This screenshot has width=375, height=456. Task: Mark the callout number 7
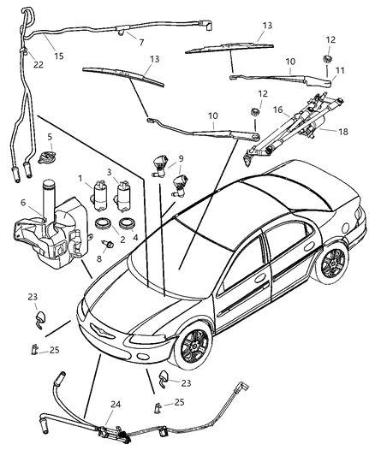(x=141, y=42)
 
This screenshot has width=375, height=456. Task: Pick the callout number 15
(x=59, y=56)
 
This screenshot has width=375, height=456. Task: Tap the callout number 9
(x=179, y=158)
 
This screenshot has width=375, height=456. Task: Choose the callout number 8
(x=98, y=257)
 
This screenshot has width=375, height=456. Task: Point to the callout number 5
(x=50, y=137)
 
